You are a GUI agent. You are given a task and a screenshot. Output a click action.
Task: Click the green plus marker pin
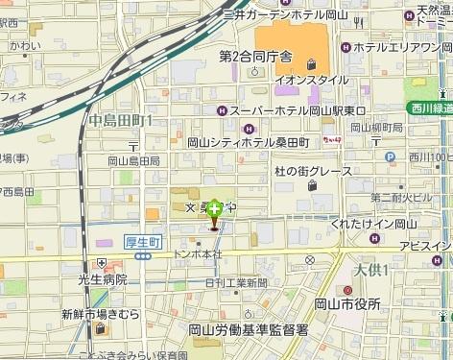point(215,207)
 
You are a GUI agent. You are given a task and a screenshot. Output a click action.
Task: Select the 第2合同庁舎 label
point(254,56)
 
